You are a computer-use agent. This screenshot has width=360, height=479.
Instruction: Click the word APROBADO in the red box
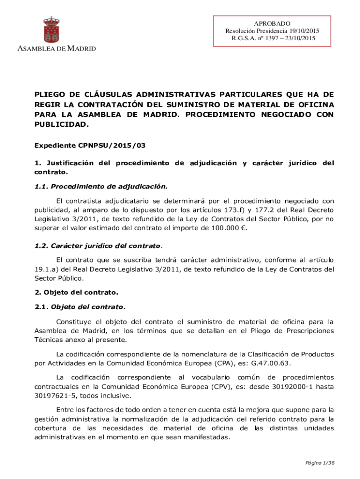(272, 23)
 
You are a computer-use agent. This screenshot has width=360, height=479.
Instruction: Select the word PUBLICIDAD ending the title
(61, 125)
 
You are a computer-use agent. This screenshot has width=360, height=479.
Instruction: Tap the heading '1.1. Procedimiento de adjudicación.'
(101, 186)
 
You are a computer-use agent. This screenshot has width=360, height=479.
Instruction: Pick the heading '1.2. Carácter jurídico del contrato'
(98, 246)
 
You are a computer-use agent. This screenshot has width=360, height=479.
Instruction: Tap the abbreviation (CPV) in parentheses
(220, 386)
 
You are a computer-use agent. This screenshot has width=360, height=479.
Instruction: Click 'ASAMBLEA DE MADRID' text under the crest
(57, 49)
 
